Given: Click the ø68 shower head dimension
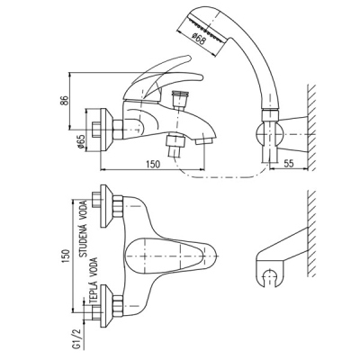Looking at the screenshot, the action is (x=199, y=40).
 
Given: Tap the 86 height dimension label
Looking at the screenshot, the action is (x=64, y=101).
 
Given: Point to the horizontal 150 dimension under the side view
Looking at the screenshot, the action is (x=153, y=164).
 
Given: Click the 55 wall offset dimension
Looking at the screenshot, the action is (x=288, y=164).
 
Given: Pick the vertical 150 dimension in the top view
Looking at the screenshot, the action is (x=66, y=256).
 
